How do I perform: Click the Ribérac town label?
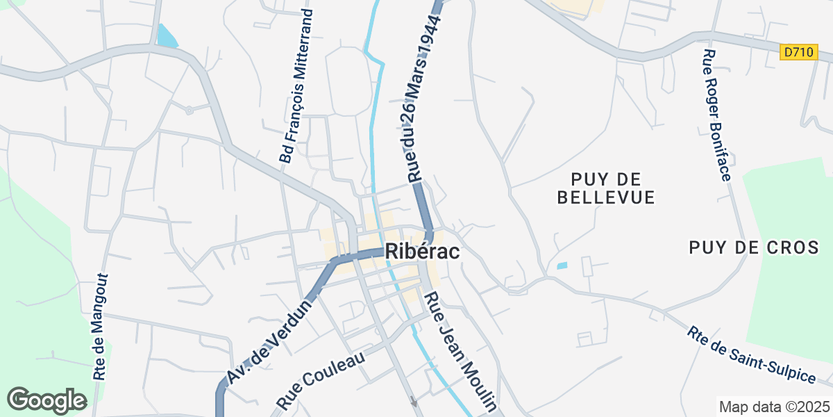(422, 252)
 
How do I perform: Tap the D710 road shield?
(798, 52)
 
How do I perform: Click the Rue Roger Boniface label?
(716, 115)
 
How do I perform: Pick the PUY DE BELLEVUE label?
(606, 188)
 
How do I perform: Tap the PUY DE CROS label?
(759, 247)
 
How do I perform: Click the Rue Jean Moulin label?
(461, 352)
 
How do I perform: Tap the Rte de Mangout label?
(101, 327)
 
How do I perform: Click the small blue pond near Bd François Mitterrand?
(167, 35)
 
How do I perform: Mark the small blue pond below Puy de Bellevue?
(562, 265)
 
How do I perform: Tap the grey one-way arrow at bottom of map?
(414, 401)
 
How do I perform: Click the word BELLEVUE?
(606, 197)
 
